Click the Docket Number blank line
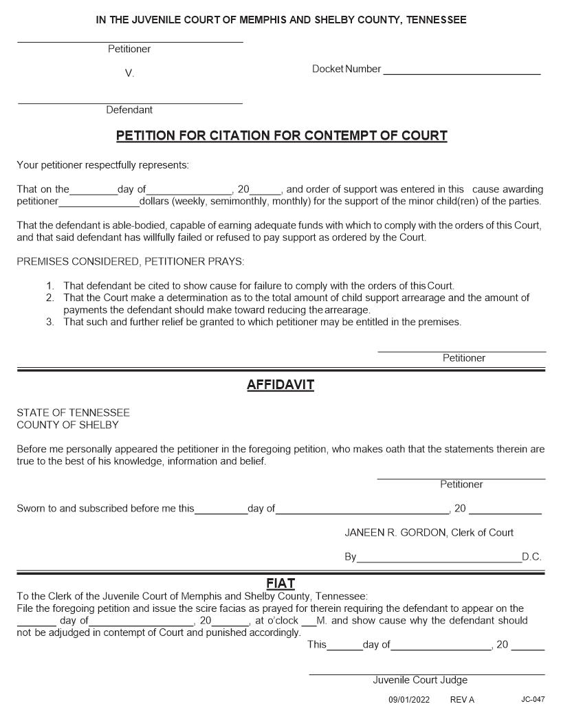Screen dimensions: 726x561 (x=461, y=73)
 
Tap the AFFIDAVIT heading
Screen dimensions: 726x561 (x=280, y=385)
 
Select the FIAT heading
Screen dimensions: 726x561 (x=280, y=584)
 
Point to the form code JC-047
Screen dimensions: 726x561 (x=533, y=700)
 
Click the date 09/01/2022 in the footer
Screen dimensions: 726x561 (x=408, y=700)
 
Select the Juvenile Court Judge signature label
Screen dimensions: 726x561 (x=420, y=680)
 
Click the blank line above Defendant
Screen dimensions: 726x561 (x=130, y=103)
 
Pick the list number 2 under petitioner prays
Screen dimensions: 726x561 (x=50, y=298)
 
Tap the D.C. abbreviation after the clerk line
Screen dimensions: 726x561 (x=531, y=557)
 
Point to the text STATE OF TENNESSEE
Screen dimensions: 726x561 (x=73, y=413)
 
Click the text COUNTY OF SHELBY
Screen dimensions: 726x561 (x=67, y=425)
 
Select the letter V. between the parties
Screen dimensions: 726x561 (x=129, y=74)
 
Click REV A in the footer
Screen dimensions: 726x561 (x=462, y=700)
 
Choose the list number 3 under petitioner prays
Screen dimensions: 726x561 (x=50, y=321)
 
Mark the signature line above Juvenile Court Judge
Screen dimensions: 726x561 (x=426, y=674)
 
